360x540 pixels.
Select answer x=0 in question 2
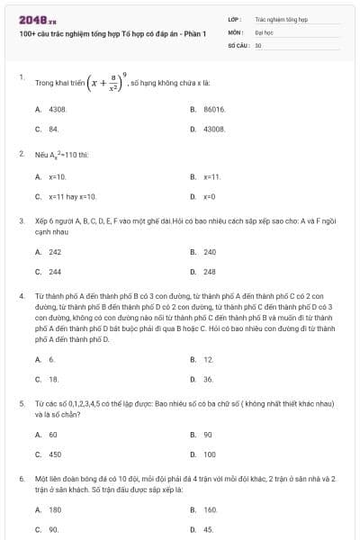tap(209, 195)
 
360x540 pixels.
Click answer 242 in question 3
tap(55, 252)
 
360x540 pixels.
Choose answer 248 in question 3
tap(210, 271)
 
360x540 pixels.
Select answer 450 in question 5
tap(55, 454)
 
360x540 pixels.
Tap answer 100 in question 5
tap(210, 454)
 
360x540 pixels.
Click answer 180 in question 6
tap(55, 509)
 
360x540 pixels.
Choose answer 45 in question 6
tap(208, 529)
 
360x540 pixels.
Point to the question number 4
tap(22, 294)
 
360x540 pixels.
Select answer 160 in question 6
tap(210, 509)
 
